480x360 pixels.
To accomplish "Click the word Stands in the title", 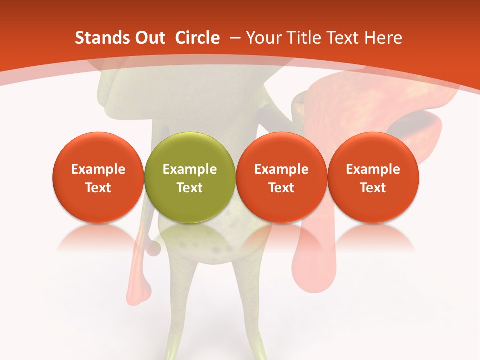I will tap(101, 38).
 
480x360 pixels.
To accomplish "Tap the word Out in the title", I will tap(149, 38).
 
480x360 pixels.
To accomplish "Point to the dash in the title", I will tap(235, 38).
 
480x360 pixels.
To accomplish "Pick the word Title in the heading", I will tap(305, 38).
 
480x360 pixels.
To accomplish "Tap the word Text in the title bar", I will tap(344, 38).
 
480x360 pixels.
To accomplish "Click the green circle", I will tap(189, 177).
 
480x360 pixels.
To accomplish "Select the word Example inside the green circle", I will tap(190, 169).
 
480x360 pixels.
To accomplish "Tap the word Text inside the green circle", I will tap(190, 188).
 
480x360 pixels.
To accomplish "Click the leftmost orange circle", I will tap(98, 177).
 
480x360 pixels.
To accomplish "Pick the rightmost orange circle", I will tap(373, 177).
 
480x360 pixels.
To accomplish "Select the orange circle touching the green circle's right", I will tap(281, 177).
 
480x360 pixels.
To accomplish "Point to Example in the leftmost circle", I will tap(98, 169).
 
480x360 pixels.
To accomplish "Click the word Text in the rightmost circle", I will tap(373, 188).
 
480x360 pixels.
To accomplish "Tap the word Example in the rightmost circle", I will tap(373, 169).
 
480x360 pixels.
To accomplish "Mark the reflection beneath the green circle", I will tap(189, 237).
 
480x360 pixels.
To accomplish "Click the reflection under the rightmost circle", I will tap(373, 237).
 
